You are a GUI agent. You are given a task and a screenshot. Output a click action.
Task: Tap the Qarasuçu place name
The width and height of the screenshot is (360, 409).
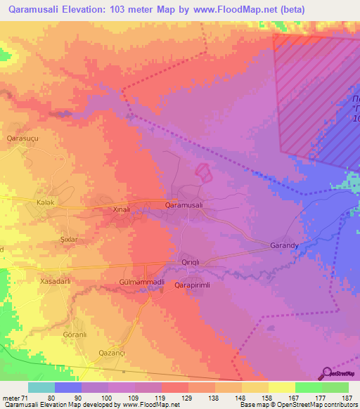click(x=20, y=138)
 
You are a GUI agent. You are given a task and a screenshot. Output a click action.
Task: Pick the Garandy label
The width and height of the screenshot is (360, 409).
click(x=285, y=246)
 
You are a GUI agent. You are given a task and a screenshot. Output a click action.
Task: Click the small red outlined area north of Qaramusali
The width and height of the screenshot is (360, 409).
click(x=202, y=171)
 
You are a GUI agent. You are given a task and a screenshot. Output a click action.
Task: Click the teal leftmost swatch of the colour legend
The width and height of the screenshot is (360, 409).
click(x=41, y=387)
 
